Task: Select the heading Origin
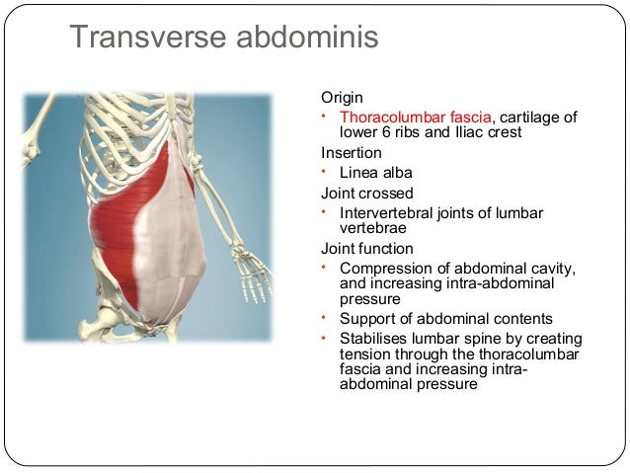click(342, 98)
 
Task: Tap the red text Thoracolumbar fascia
click(410, 118)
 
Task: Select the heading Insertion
click(351, 153)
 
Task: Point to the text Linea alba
click(375, 172)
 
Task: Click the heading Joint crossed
click(366, 193)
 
